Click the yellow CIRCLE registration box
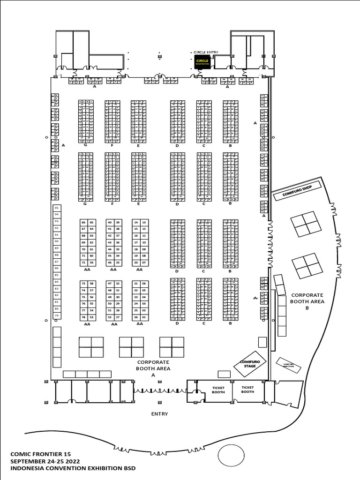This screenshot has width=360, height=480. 202,62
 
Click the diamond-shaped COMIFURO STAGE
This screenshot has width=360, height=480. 250,363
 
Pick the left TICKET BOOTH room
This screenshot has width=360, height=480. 218,390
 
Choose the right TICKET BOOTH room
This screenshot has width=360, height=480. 247,390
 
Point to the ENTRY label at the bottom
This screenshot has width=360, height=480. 159,414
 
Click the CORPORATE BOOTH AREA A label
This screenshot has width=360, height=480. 153,368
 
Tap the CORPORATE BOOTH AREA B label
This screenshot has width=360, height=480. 307,301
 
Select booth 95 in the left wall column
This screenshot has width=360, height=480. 57,207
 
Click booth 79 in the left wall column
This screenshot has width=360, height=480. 57,315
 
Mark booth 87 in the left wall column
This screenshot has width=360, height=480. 57,262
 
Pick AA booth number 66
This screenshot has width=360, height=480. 83,222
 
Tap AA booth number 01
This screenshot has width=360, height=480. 143,317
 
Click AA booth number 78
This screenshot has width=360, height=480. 83,317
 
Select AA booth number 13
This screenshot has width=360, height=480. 143,222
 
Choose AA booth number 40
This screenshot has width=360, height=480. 110,222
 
